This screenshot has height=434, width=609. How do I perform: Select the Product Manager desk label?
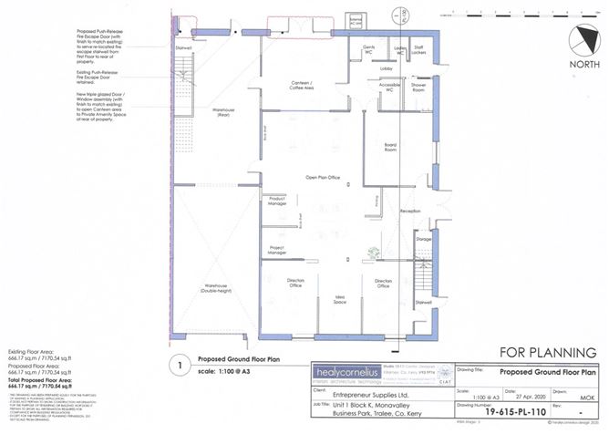pos(278,201)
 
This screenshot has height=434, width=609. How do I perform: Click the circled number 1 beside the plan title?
pos(182,366)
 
